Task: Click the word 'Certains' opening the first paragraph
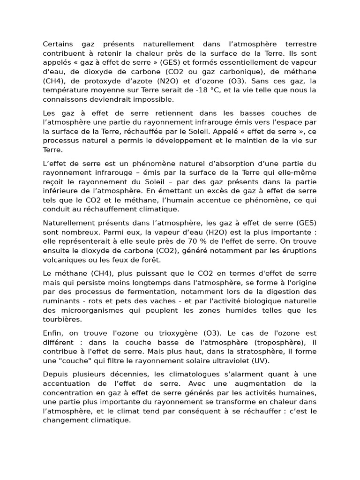pos(57,44)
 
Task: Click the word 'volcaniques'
pos(64,260)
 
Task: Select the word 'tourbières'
pos(61,320)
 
